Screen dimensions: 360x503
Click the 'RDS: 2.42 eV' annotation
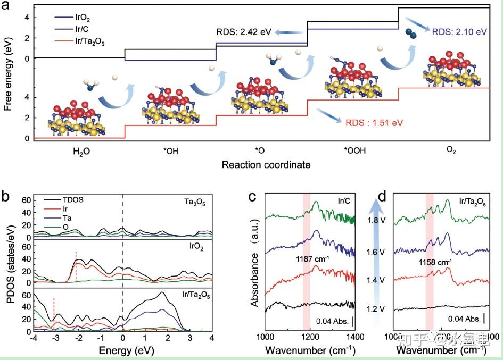coord(243,32)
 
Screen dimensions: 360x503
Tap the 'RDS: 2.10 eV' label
coord(459,32)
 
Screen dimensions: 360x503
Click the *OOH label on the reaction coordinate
coord(355,151)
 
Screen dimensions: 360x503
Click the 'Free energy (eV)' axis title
coord(8,76)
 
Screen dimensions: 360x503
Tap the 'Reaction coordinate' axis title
coord(266,165)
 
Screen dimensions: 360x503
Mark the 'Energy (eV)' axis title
coord(123,350)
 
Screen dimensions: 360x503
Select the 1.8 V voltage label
coord(375,219)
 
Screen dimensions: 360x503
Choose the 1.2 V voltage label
coord(375,308)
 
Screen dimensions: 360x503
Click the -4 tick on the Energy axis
coord(33,338)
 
